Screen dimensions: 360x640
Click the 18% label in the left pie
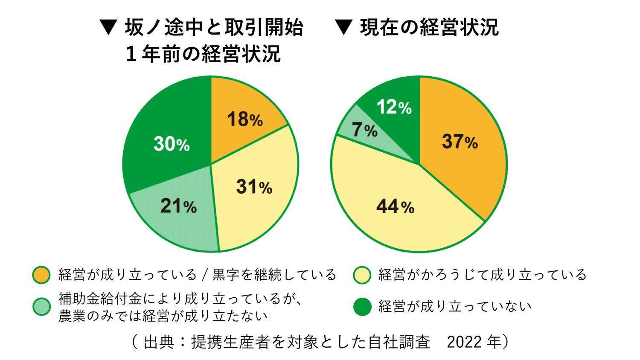point(244,119)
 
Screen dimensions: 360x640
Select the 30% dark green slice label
point(172,144)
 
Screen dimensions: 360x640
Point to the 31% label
point(254,187)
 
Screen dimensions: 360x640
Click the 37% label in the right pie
point(460,141)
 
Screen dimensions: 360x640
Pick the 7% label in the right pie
point(364,130)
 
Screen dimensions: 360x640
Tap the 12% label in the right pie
point(394,107)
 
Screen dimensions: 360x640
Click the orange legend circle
point(41,275)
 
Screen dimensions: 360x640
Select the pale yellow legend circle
point(362,275)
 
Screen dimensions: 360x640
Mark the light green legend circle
point(41,307)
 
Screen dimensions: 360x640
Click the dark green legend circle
point(362,307)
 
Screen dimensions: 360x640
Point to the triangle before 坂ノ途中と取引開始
point(108,28)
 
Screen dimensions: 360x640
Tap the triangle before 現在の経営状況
point(343,28)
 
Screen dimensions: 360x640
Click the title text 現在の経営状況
point(429,28)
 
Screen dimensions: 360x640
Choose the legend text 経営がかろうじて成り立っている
point(483,275)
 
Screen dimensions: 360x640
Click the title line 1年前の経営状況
point(203,55)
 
